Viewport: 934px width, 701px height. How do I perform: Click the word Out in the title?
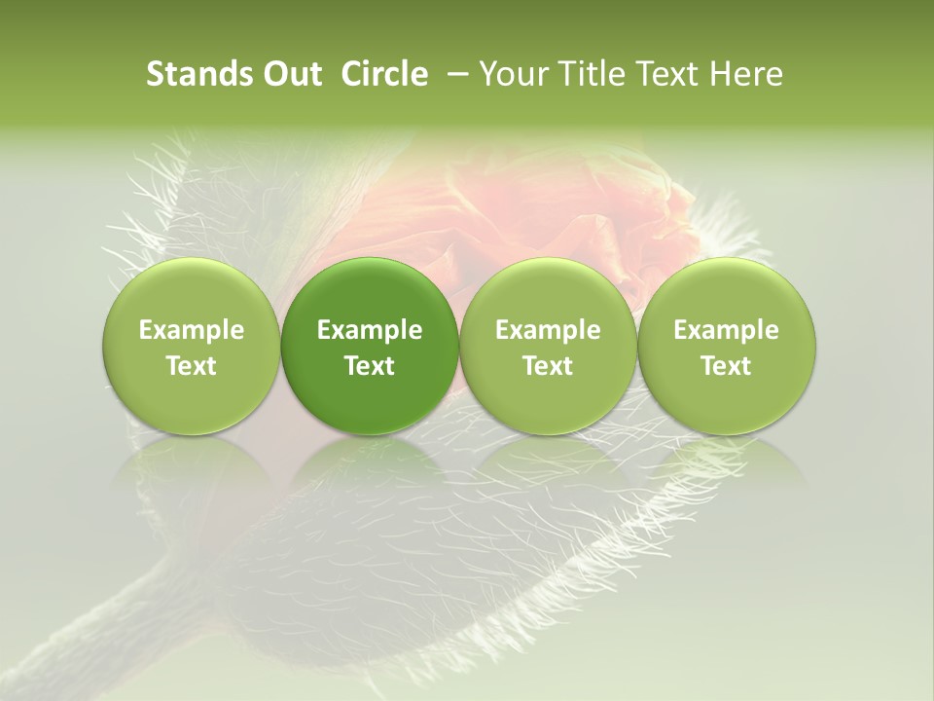pos(290,74)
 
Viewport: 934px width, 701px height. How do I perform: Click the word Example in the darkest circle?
pos(370,330)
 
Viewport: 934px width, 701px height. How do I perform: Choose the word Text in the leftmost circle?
pos(191,366)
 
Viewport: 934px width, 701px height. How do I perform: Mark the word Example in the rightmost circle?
pos(726,330)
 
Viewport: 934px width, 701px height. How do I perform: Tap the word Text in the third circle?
pos(548,366)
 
